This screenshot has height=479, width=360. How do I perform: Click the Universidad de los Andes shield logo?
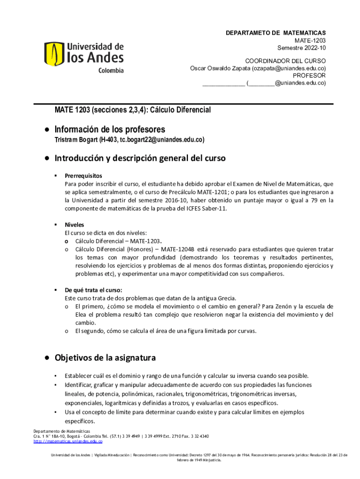[54, 54]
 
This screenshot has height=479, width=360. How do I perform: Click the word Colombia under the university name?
[111, 71]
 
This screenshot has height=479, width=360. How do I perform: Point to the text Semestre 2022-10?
[302, 48]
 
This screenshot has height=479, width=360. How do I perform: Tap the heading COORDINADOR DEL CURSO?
[286, 61]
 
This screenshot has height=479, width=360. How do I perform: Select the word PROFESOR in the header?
[309, 75]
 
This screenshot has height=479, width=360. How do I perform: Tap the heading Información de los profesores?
[110, 129]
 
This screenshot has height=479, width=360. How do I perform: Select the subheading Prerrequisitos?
[83, 175]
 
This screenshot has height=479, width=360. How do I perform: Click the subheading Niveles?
[74, 225]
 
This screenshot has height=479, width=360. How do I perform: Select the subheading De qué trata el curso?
[94, 290]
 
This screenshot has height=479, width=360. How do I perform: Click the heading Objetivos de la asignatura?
[105, 358]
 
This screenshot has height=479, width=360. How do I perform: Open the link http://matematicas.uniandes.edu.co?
[68, 441]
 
